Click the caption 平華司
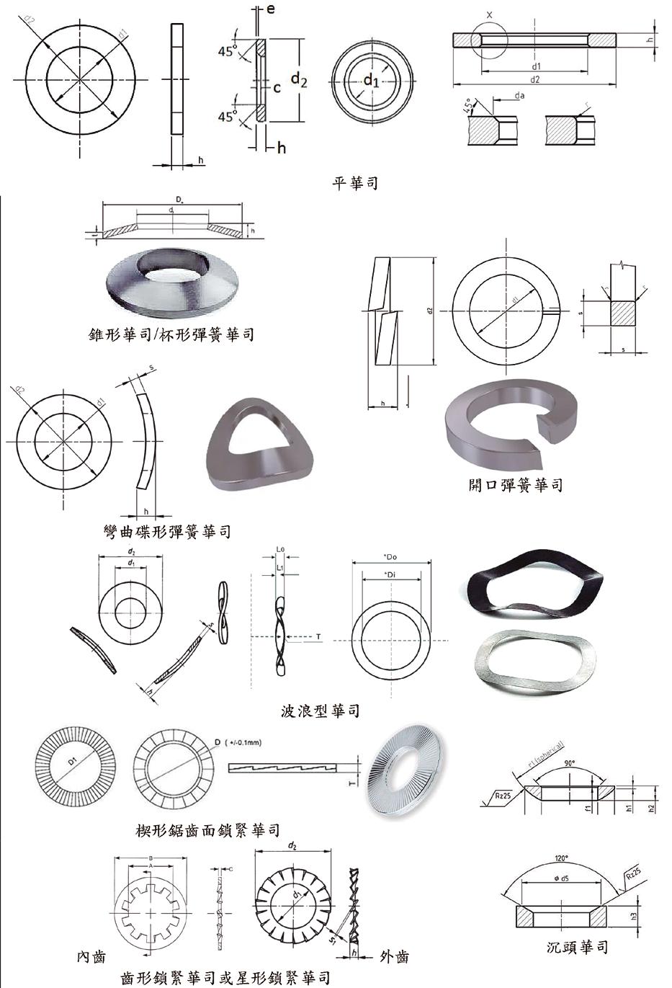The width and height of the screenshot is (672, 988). (x=354, y=183)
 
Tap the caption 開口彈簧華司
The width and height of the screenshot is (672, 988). (x=515, y=485)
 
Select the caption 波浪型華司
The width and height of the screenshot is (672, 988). (x=320, y=711)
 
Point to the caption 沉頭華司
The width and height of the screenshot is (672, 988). (x=577, y=946)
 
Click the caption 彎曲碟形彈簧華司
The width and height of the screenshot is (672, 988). (x=167, y=532)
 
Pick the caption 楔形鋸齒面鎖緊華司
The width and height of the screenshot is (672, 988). (x=208, y=831)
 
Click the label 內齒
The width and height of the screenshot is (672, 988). (x=91, y=956)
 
